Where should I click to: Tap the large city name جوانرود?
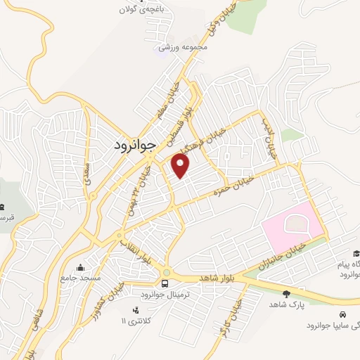click(138, 145)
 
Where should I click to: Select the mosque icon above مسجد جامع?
click(82, 267)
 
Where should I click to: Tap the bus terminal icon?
click(165, 284)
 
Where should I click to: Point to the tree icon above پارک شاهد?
click(285, 294)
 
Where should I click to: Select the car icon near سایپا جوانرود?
click(342, 315)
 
